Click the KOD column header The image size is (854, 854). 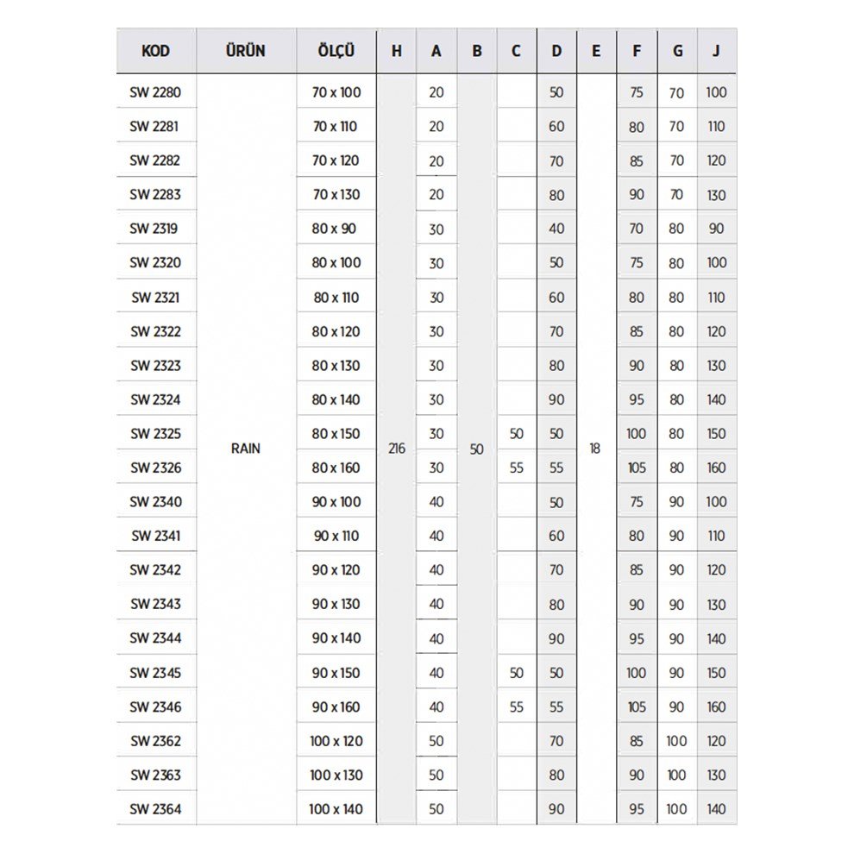(155, 51)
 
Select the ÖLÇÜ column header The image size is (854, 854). (336, 51)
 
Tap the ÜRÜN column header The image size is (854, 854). (246, 51)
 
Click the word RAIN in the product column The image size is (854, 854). (246, 449)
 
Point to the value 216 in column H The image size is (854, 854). (397, 449)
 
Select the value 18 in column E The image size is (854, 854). (595, 449)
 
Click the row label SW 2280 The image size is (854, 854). (155, 92)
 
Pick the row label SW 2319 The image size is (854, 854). (155, 229)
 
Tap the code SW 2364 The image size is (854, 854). (155, 809)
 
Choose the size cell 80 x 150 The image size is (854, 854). (336, 434)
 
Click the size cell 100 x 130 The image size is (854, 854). (336, 775)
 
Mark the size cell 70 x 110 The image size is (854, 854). (336, 127)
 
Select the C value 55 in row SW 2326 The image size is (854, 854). (516, 468)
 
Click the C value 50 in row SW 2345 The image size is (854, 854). (516, 673)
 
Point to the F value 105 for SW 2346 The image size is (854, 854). (637, 706)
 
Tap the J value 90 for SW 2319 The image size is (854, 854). (717, 229)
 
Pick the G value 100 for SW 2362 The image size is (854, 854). (676, 741)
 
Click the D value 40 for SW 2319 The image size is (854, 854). (556, 229)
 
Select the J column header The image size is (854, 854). (717, 51)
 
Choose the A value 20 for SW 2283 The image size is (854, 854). (436, 195)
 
